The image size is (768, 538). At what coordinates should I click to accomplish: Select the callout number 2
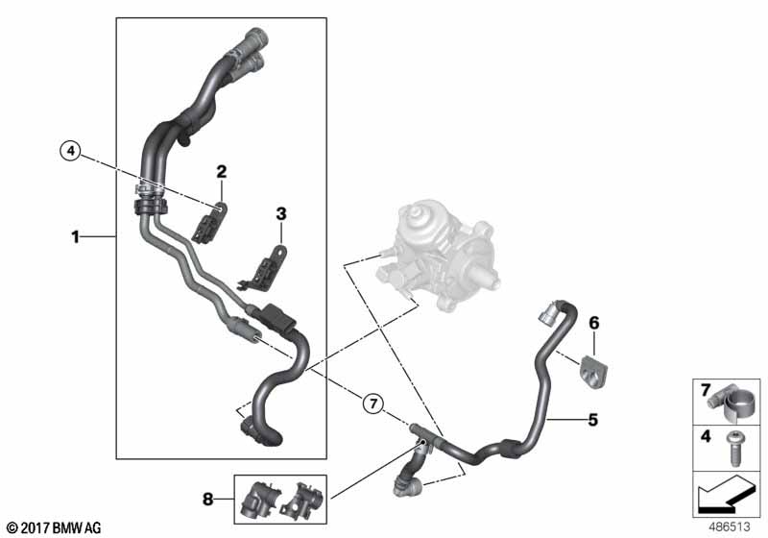tap(222, 172)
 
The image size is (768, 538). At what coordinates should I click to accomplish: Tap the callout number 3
tap(281, 211)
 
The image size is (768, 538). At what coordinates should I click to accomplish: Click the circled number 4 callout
tap(69, 150)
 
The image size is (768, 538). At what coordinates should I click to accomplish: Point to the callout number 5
tap(593, 419)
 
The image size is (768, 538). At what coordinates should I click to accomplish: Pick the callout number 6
tap(593, 323)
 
